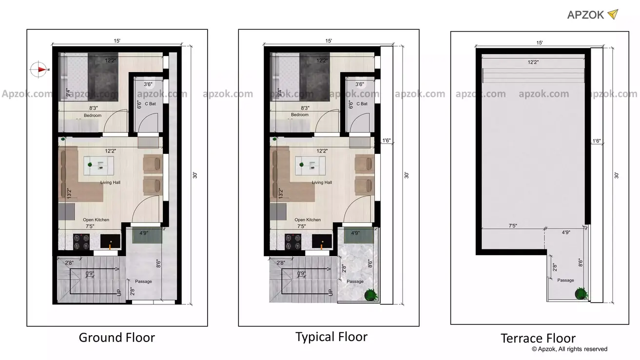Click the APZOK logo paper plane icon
613,14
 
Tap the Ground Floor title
117,338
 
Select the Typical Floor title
331,337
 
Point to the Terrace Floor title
538,339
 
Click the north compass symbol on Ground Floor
38,70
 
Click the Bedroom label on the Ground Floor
93,115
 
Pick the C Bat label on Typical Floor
362,104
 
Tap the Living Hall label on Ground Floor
111,183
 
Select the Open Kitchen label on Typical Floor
308,220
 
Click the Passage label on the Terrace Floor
565,280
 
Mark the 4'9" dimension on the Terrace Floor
566,233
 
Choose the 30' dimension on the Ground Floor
194,175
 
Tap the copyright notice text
569,349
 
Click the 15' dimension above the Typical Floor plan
329,41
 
